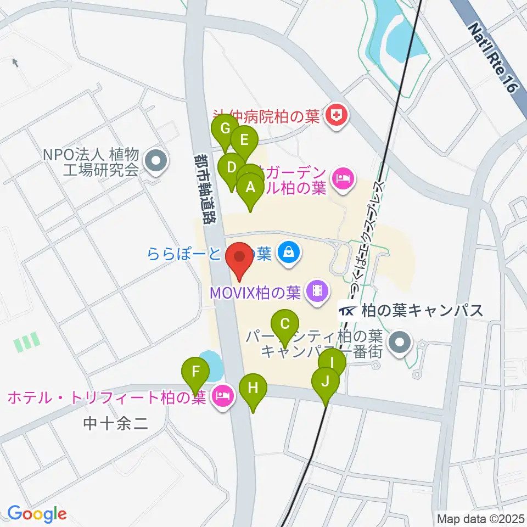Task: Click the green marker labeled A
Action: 251,188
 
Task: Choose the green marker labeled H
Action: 253,388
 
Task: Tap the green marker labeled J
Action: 325,381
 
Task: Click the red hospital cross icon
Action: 333,115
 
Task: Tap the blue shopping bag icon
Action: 288,253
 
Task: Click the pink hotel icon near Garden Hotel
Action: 343,179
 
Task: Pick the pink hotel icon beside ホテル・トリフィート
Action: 222,395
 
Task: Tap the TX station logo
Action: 347,311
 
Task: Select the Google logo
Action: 37,514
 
